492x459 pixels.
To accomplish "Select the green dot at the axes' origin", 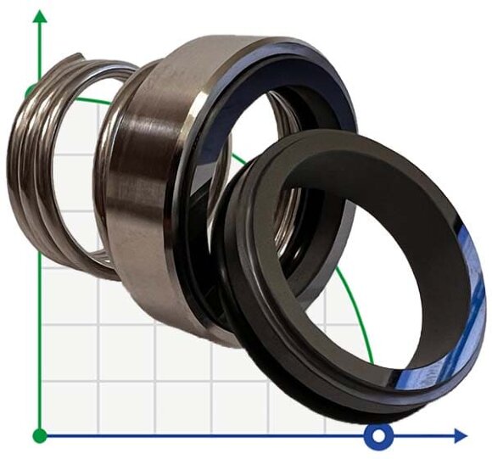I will point(39,436).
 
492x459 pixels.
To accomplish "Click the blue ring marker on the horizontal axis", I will point(379,436).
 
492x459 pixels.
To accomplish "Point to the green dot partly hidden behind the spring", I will point(32,91).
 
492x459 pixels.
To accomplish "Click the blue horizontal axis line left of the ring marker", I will point(212,436).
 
